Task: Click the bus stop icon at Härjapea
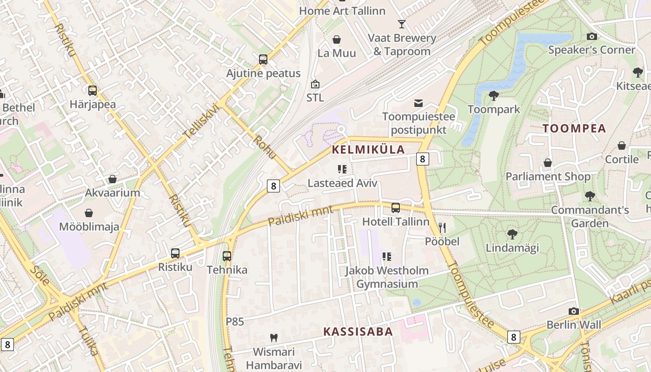(93, 91)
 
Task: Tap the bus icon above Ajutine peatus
(263, 60)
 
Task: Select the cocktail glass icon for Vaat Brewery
(402, 24)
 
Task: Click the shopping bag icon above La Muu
(337, 40)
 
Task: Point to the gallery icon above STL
(315, 84)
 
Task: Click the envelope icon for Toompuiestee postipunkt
(418, 103)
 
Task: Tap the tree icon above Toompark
(494, 96)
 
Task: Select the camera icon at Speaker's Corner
(591, 36)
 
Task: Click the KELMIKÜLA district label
(368, 150)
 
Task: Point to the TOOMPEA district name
(574, 129)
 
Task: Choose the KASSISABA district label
(358, 332)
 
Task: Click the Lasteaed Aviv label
(342, 183)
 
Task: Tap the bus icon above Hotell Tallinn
(396, 208)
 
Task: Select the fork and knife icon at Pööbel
(442, 228)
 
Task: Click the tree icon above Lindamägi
(512, 234)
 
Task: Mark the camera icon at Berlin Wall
(574, 311)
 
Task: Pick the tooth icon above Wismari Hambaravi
(274, 338)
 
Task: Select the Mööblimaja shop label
(89, 227)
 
